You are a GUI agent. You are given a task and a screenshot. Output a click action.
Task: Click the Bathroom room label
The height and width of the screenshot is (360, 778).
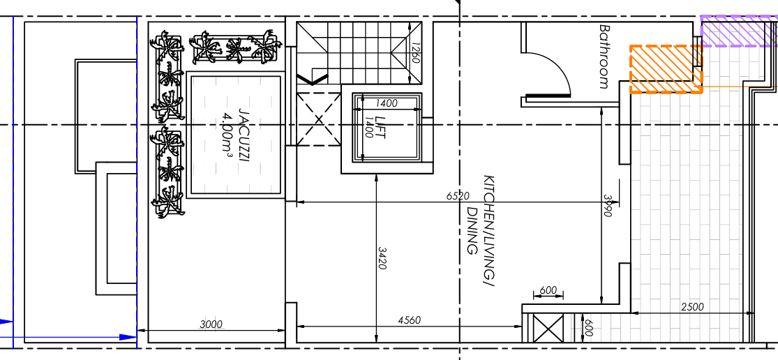click(604, 57)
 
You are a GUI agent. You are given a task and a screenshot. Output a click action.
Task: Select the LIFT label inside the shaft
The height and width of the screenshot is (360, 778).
click(380, 128)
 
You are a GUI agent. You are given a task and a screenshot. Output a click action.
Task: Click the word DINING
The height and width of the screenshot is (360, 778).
click(472, 230)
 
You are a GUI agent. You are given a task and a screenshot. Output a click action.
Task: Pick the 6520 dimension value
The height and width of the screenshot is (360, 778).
click(458, 196)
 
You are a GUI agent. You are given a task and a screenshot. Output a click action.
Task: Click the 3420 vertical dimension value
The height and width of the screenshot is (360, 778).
click(382, 258)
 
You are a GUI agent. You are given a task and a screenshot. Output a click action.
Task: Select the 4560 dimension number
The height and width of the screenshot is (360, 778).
click(410, 320)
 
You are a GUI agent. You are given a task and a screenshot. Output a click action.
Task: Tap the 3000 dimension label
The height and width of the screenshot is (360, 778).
click(211, 325)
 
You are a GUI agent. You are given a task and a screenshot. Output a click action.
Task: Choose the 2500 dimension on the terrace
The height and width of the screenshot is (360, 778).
click(692, 307)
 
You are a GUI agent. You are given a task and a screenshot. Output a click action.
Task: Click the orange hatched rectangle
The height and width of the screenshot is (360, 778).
click(666, 70)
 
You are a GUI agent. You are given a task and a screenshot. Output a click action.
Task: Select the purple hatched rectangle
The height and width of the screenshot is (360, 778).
click(739, 31)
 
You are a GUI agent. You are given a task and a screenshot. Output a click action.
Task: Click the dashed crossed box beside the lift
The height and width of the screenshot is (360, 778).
click(319, 119)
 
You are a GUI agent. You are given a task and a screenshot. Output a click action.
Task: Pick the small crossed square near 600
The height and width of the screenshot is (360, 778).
click(548, 329)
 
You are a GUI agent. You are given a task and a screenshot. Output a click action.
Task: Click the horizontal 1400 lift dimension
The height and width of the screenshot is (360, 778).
click(387, 104)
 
